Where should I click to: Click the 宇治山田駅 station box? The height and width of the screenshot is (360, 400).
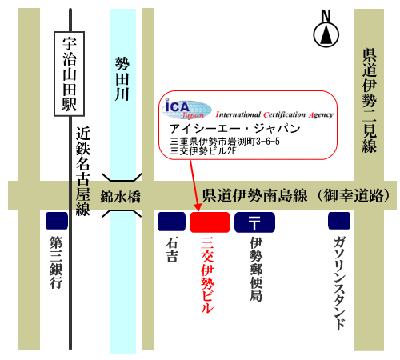(70, 74)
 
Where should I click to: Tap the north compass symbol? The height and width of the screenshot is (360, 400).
(326, 29)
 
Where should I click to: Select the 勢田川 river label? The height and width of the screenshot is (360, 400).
(122, 78)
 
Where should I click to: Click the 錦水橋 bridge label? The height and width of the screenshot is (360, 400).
(120, 197)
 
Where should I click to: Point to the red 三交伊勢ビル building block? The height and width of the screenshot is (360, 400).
(210, 222)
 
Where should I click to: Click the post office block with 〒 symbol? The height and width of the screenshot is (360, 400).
(254, 222)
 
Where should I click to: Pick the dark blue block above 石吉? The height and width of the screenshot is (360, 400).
(171, 222)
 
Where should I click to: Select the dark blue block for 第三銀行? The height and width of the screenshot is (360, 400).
(57, 221)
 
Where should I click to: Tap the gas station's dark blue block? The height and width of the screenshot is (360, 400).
(339, 221)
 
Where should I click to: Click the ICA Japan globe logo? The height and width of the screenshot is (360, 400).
(186, 110)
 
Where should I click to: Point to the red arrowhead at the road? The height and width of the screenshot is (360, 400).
(198, 207)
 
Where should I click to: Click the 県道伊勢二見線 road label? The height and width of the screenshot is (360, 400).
(370, 101)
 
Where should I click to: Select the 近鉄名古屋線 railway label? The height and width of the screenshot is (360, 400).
(83, 171)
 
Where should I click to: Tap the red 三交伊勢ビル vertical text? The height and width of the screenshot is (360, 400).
(207, 274)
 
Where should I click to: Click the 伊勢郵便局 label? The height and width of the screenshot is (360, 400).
(256, 270)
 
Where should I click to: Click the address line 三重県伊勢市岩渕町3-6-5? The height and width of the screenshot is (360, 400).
(225, 141)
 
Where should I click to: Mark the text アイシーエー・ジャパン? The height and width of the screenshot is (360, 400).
(234, 129)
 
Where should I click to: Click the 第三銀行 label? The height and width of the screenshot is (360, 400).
(56, 262)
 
